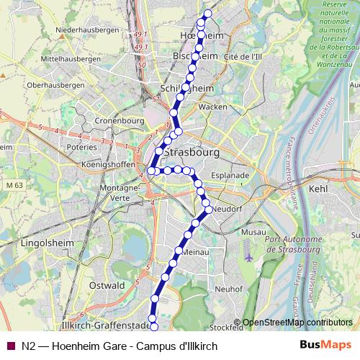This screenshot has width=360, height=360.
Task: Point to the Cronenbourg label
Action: pyautogui.click(x=115, y=120)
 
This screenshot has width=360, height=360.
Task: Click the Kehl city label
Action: pyautogui.click(x=317, y=189)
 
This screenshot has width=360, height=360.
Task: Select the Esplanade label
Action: pyautogui.click(x=230, y=175)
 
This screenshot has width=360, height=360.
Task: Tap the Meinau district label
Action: pyautogui.click(x=195, y=253)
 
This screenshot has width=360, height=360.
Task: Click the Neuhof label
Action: pyautogui.click(x=229, y=289)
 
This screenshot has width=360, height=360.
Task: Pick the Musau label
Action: pyautogui.click(x=255, y=233)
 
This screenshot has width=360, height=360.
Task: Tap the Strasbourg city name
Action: pyautogui.click(x=191, y=153)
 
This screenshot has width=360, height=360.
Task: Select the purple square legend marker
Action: pyautogui.click(x=9, y=346)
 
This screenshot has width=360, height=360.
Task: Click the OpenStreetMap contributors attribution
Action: pyautogui.click(x=297, y=322)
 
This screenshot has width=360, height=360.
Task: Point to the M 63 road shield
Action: pyautogui.click(x=13, y=186)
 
